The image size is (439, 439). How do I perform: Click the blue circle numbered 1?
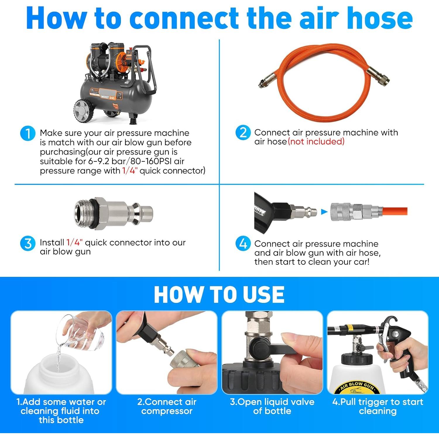click(28, 133)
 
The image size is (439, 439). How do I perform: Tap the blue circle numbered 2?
click(243, 133)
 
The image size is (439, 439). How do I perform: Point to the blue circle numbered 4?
click(243, 243)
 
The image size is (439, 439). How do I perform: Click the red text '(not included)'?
click(316, 142)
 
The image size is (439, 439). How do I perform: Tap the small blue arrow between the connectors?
click(324, 212)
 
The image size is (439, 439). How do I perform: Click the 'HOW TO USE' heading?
click(219, 294)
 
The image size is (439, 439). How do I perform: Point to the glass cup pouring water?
click(83, 334)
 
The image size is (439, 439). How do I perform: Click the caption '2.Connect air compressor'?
click(167, 407)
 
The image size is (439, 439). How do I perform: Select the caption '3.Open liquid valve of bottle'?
click(272, 407)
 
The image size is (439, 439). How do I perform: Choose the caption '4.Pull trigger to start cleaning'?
click(378, 407)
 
